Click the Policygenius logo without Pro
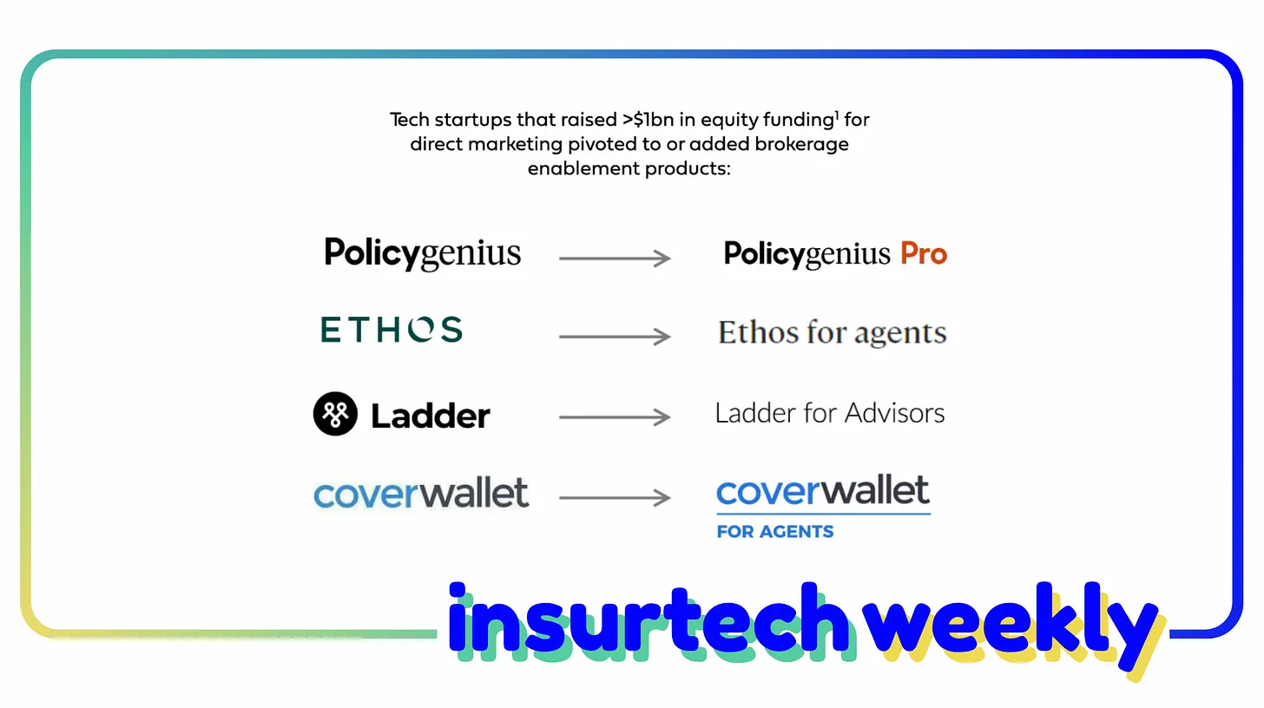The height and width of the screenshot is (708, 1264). click(422, 253)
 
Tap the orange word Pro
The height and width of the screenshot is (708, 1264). click(923, 253)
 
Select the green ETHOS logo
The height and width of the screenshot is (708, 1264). click(392, 330)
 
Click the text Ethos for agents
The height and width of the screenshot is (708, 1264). click(832, 332)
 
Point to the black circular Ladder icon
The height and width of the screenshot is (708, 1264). click(335, 414)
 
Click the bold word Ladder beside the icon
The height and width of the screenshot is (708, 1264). click(431, 416)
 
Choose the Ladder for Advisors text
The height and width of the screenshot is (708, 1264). click(829, 413)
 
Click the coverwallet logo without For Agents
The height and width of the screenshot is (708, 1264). click(421, 494)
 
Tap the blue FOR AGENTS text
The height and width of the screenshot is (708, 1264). click(774, 531)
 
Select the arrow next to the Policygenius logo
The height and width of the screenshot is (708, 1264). click(615, 258)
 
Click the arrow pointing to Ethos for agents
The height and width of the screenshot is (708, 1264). click(615, 336)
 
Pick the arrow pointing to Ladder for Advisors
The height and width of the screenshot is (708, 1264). click(615, 417)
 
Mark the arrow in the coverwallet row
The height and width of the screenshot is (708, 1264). click(615, 497)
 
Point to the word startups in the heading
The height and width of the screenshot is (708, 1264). click(471, 120)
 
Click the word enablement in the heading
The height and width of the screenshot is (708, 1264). click(579, 168)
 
